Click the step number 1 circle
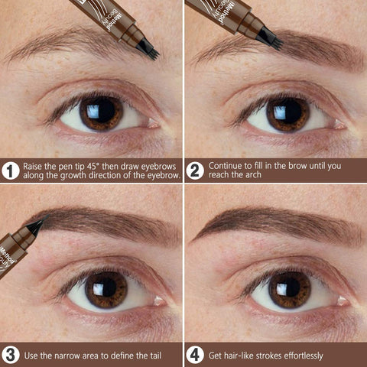(11, 171)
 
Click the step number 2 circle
(195, 171)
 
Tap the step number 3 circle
(11, 355)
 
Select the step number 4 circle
(195, 355)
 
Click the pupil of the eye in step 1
(99, 113)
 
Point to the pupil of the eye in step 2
(284, 113)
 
